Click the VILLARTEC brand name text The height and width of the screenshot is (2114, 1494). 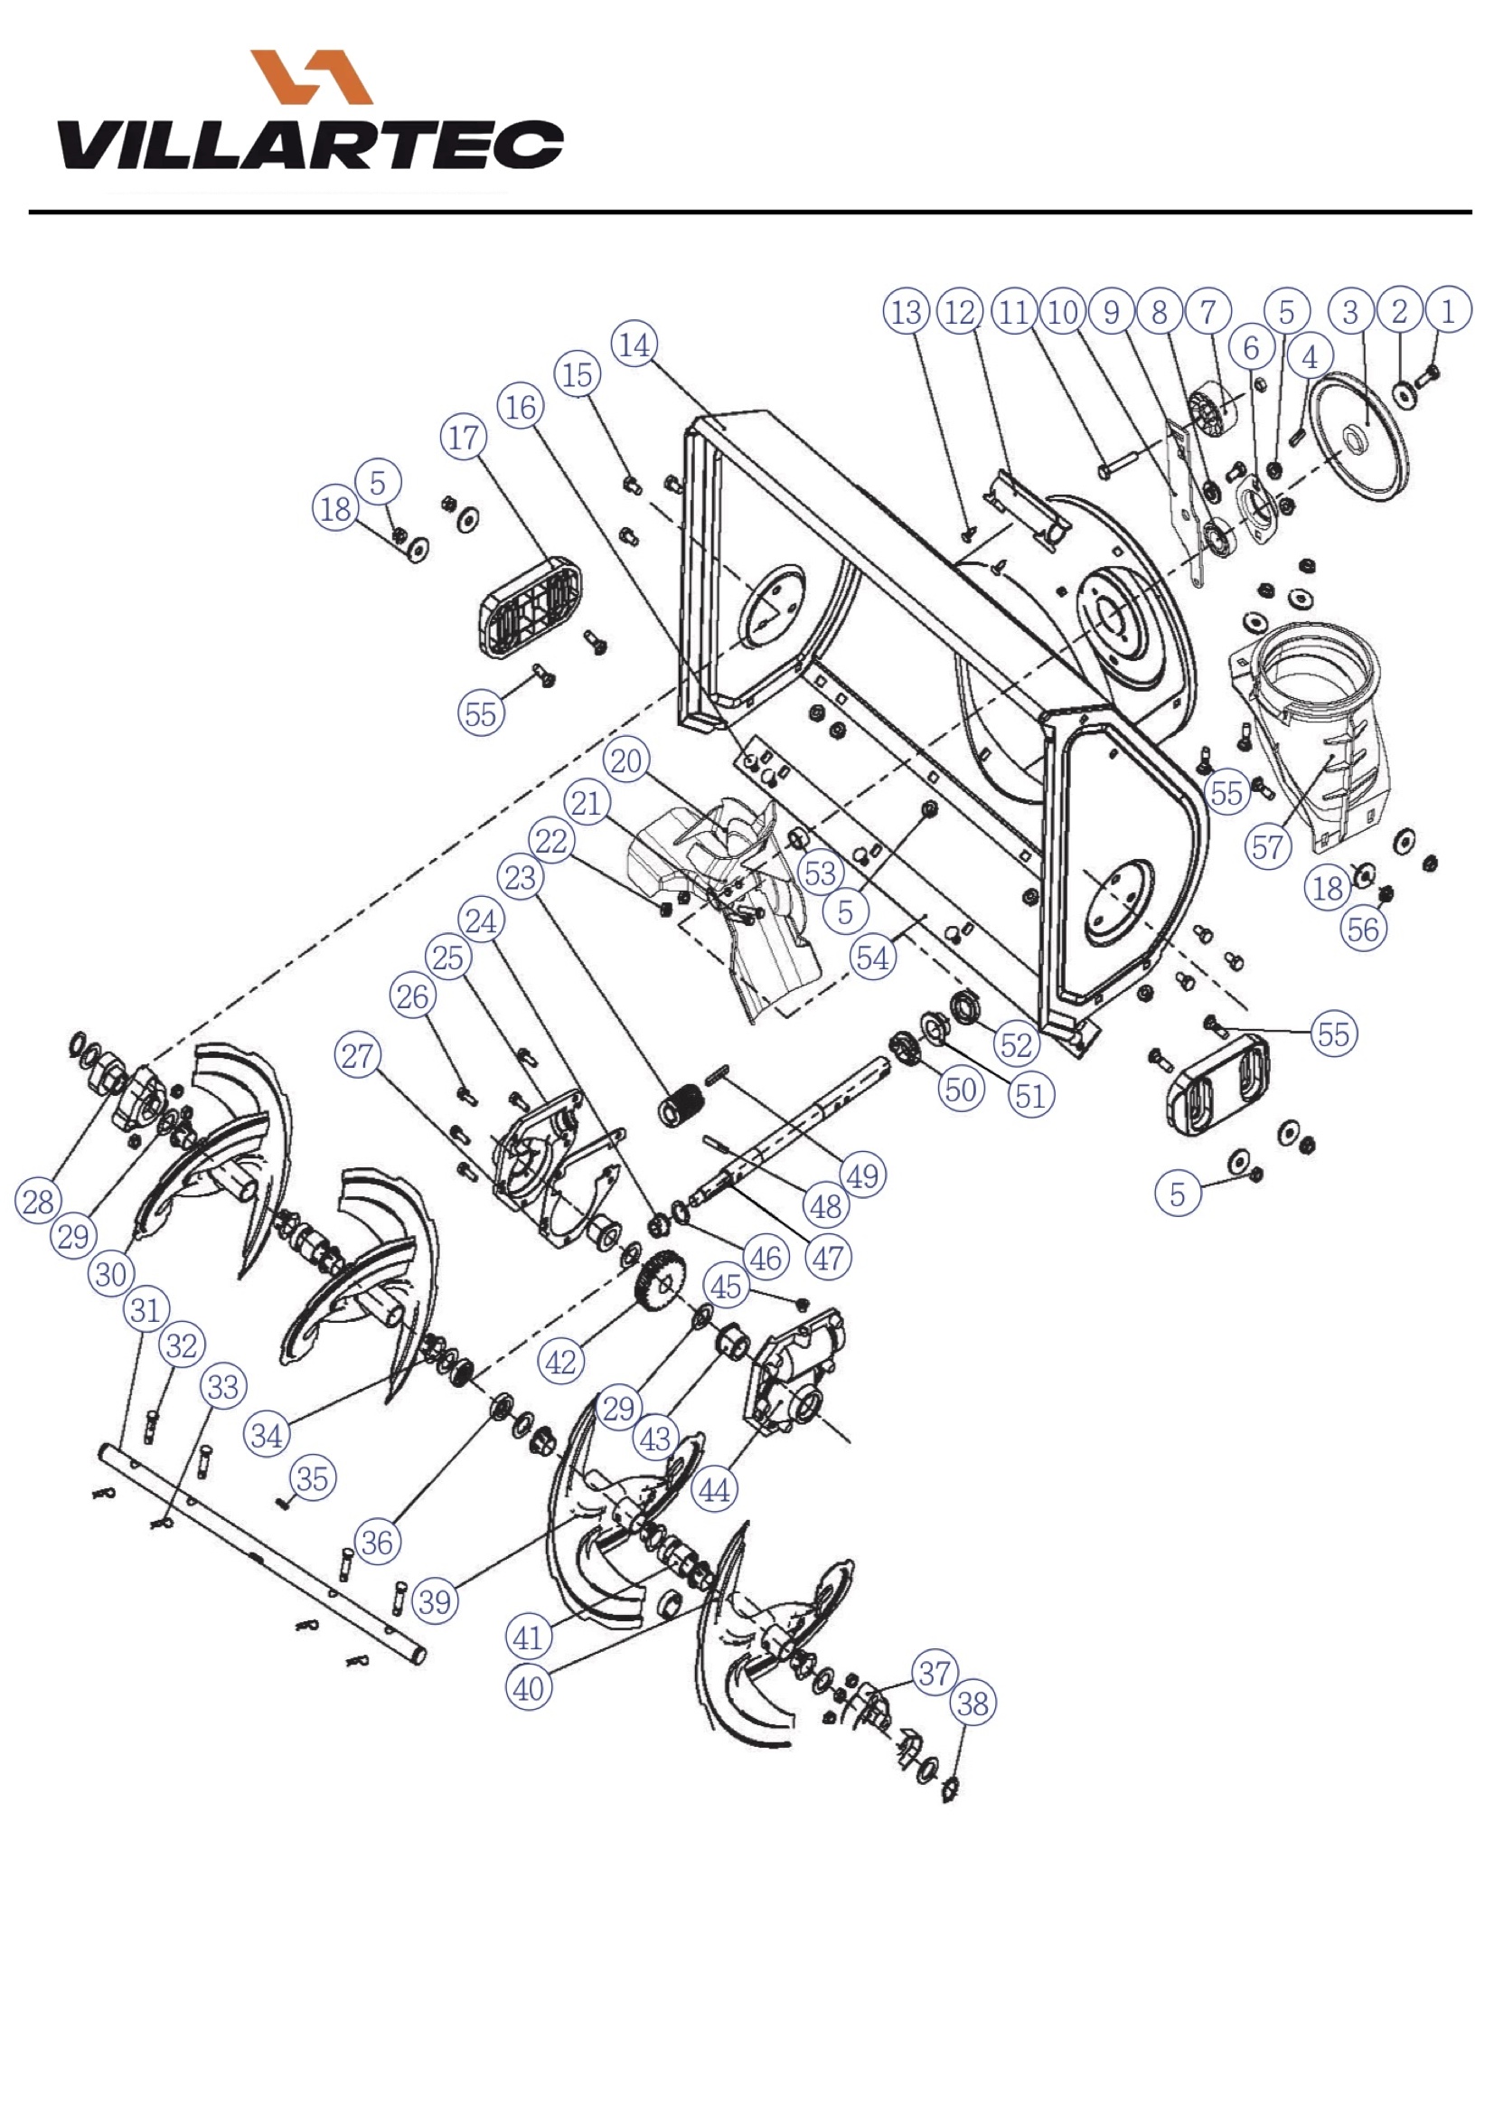click(x=311, y=146)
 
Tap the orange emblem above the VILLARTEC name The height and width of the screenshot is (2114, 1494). click(x=312, y=77)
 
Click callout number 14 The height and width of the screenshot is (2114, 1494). click(x=634, y=345)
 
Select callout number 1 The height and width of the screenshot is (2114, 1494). click(x=1448, y=311)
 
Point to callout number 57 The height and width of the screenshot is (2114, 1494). click(x=1267, y=846)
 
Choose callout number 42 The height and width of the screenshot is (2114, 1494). click(x=560, y=1362)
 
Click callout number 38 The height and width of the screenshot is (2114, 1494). click(x=973, y=1703)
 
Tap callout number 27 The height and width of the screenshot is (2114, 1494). click(x=358, y=1055)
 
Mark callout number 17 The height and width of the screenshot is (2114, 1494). click(x=464, y=438)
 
